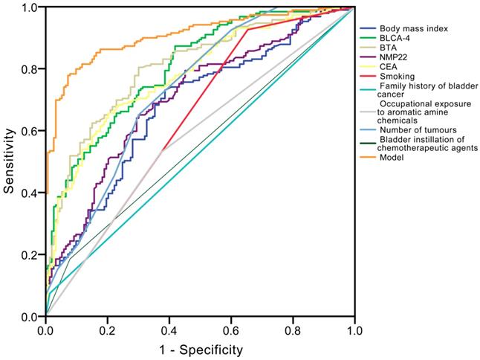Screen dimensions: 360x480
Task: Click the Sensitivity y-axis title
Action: click(x=9, y=159)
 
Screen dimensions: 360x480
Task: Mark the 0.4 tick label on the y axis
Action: click(x=30, y=193)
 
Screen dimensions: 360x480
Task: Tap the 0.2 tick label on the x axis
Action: click(x=107, y=329)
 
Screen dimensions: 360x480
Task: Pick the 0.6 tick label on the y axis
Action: click(x=30, y=131)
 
